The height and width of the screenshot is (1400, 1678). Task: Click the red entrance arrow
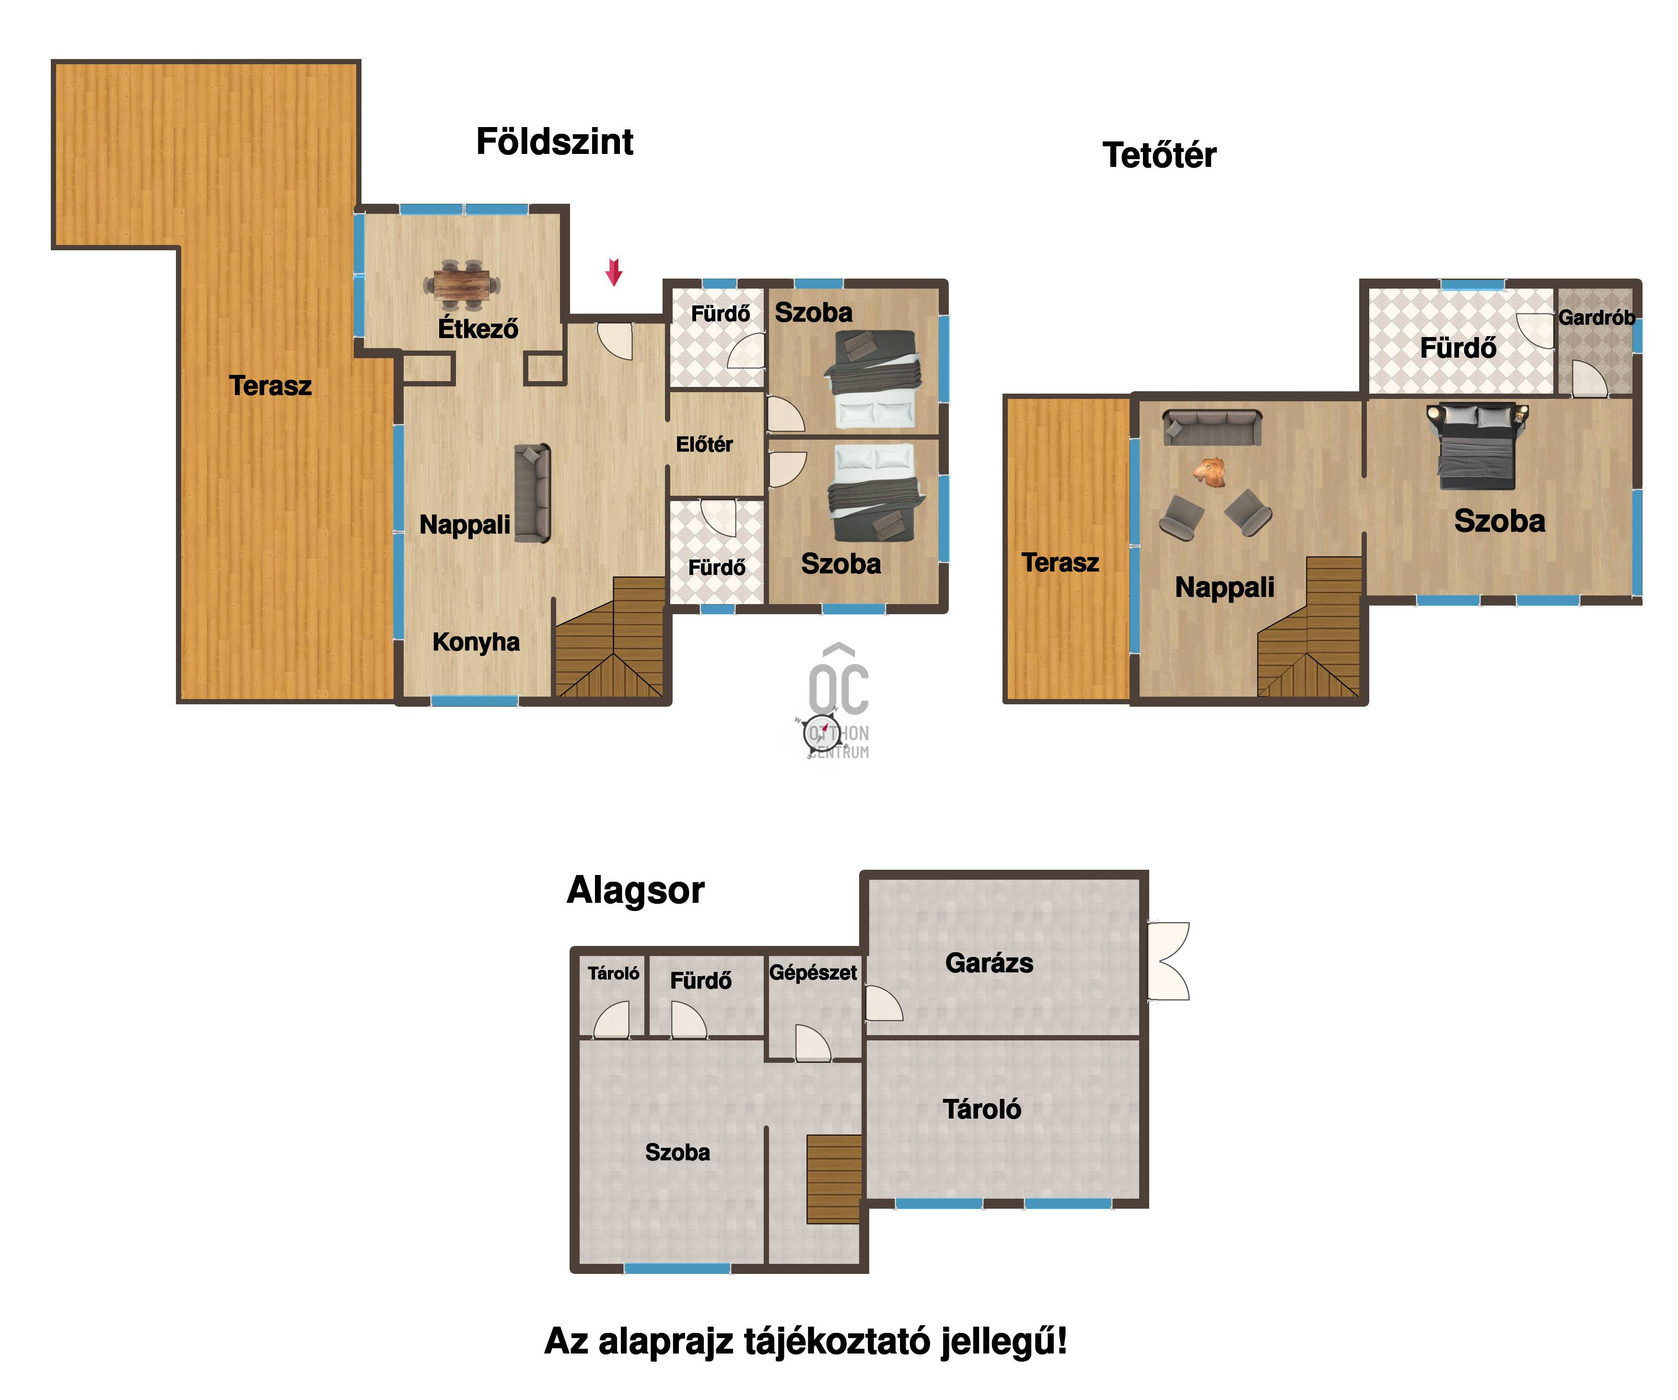(614, 272)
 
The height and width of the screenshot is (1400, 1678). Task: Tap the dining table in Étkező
(462, 284)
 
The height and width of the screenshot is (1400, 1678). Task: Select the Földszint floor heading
(555, 141)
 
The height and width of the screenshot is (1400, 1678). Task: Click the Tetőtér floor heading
(1159, 154)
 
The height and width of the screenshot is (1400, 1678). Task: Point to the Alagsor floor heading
(635, 889)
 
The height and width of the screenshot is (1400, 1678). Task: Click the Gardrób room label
(1596, 317)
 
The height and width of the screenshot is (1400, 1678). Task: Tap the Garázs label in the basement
(989, 963)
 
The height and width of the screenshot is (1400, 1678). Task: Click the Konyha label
(476, 642)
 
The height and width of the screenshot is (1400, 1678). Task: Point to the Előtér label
(704, 444)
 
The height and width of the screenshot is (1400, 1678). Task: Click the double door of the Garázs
(1168, 960)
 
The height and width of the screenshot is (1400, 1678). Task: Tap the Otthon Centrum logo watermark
(837, 701)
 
